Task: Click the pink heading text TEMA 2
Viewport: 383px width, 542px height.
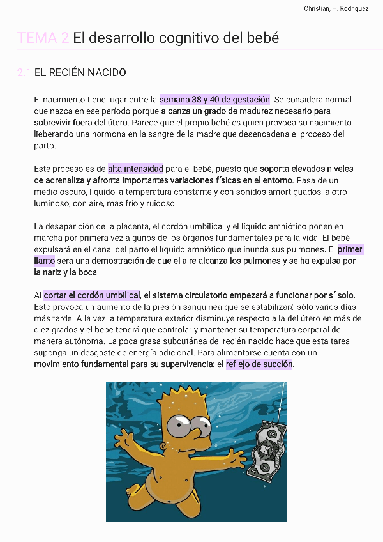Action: [43, 38]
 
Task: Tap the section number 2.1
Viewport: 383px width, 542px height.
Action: [24, 73]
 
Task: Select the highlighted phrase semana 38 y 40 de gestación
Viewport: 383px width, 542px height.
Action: [214, 100]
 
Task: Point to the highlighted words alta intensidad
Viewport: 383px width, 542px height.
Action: [135, 169]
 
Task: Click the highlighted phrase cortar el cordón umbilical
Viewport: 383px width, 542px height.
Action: [91, 295]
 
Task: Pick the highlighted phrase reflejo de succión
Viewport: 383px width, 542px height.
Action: [259, 364]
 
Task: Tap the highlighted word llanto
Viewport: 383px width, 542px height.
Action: [45, 261]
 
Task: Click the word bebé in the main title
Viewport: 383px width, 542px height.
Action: [264, 38]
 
